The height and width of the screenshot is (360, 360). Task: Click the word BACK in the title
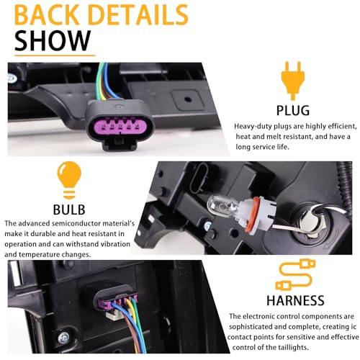47,15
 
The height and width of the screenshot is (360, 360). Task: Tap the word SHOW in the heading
53,40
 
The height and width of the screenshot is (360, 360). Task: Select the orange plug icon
293,81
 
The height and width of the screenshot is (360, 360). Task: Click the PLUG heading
293,110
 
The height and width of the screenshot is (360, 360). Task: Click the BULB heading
69,210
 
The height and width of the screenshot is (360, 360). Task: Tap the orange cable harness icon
295,275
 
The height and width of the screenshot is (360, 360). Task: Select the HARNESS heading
295,300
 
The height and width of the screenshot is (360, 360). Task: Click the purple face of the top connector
120,127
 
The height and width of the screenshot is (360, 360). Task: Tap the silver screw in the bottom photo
63,338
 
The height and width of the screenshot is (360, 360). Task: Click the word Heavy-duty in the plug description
253,127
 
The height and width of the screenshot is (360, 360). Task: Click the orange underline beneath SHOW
55,55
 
